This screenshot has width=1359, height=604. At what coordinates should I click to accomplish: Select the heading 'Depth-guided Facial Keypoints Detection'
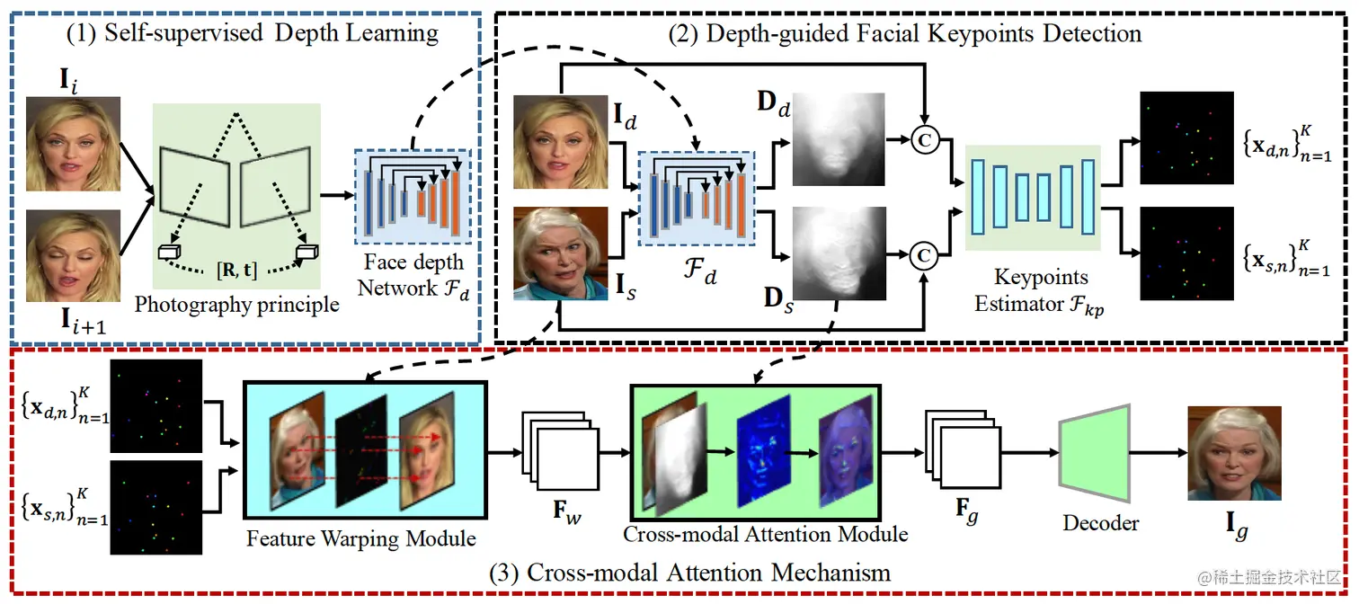923,34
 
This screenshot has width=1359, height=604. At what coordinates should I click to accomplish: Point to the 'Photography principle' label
236,305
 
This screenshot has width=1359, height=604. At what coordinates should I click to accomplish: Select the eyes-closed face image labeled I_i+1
73,255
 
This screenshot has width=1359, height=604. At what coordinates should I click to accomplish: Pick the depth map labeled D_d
839,139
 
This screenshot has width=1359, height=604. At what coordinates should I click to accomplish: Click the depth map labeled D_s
839,253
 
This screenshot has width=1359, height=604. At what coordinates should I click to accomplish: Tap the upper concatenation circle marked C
921,138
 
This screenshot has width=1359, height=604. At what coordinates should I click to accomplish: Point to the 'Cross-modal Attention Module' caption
766,534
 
